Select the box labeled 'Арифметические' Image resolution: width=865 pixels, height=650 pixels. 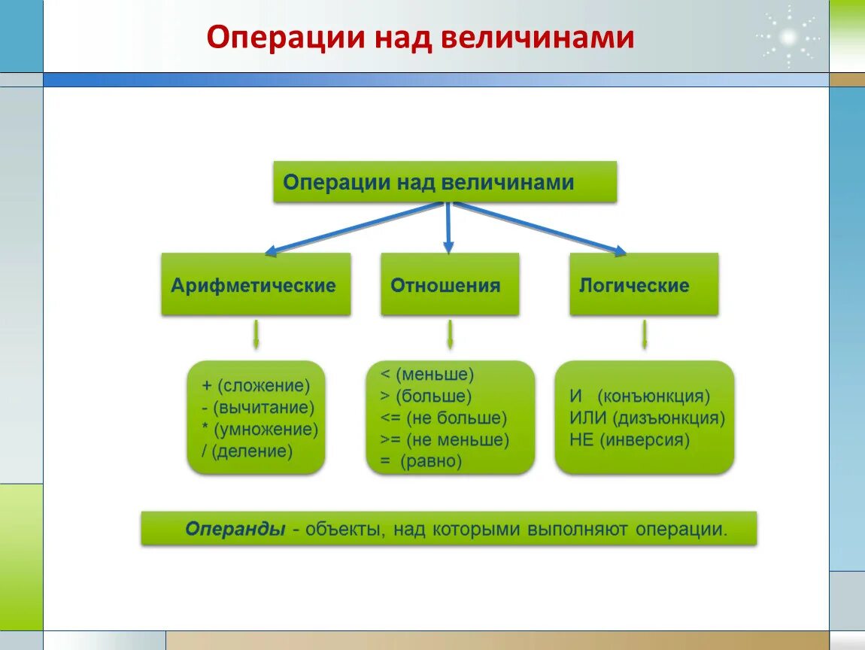coord(256,284)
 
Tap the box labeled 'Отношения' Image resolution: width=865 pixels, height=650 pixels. coord(449,284)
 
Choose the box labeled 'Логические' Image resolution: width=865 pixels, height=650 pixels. coord(643,284)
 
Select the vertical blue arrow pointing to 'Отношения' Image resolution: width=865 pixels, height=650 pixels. coord(448,226)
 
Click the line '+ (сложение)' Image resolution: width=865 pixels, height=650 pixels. coord(256,386)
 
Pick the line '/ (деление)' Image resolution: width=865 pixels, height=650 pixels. coord(247,451)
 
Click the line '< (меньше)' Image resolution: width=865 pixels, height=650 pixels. coord(427,374)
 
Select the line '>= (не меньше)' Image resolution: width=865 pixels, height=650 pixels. coord(445,439)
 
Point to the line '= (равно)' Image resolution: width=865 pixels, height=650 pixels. coord(420,461)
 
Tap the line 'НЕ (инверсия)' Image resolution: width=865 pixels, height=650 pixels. coord(629,440)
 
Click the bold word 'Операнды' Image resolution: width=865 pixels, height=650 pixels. coord(235,529)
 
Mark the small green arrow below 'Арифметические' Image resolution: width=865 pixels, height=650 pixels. coord(256,335)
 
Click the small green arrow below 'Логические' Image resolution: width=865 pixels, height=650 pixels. coord(644,335)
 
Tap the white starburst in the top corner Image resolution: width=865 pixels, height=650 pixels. coord(788,36)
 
